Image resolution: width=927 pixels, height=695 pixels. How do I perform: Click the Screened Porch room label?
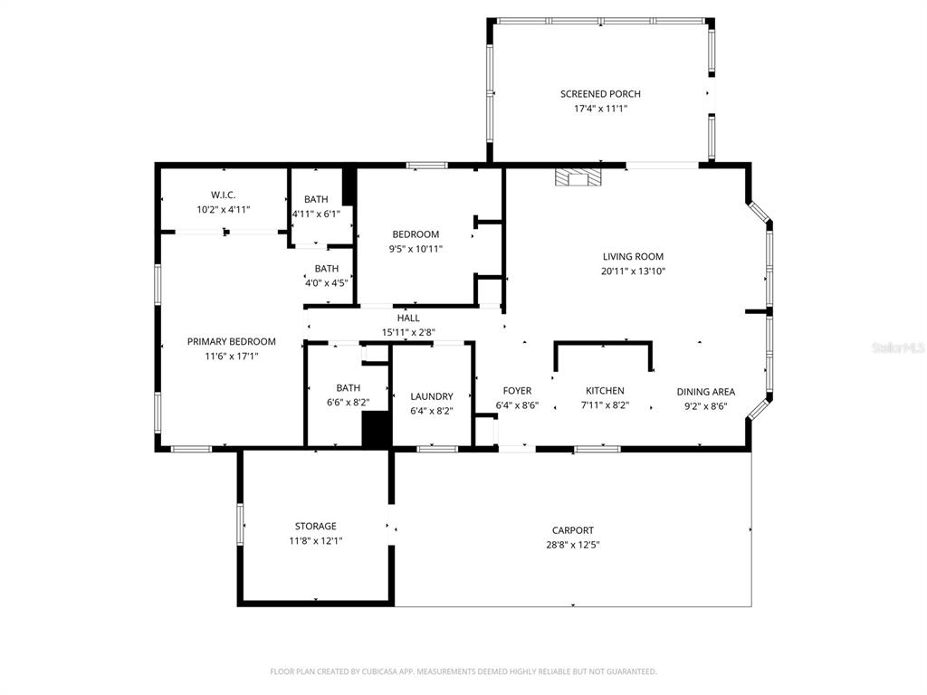(600, 94)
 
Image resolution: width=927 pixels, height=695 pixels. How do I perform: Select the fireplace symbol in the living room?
(578, 177)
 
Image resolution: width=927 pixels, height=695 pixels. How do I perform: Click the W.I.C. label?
(224, 195)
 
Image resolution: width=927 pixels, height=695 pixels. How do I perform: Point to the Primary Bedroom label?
(231, 341)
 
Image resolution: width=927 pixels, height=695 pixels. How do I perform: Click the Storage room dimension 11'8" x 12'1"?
(315, 541)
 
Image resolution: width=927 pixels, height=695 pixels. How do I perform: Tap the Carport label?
(573, 530)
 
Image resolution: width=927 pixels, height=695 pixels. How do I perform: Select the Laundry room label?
(432, 396)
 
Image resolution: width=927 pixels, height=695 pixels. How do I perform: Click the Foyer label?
(517, 391)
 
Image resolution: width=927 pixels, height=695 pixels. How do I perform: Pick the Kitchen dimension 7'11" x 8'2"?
(604, 405)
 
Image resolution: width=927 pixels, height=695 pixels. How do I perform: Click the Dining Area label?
(706, 392)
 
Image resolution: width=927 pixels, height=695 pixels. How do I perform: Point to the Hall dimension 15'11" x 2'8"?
(408, 332)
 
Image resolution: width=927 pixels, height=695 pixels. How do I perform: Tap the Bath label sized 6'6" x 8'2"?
(348, 388)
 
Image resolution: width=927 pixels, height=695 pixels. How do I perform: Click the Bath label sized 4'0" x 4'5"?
(327, 269)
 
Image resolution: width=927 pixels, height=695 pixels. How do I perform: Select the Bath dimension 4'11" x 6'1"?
(316, 214)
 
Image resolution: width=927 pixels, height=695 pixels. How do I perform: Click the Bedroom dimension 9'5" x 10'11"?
(416, 249)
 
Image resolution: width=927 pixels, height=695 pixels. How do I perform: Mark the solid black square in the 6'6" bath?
(376, 429)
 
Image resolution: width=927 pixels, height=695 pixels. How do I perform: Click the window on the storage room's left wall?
(240, 524)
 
